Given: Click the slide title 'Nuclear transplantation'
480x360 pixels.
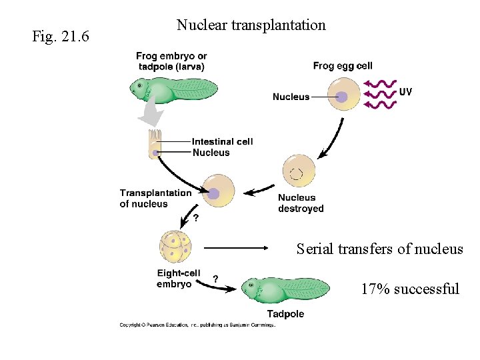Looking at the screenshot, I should click(251, 25).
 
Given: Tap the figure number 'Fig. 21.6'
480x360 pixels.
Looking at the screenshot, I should click(61, 35).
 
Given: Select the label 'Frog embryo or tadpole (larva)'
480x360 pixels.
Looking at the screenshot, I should click(171, 61).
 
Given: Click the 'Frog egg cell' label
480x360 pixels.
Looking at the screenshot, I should click(343, 65).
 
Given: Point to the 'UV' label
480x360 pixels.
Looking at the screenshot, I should click(405, 91).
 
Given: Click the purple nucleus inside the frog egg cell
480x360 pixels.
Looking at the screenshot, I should click(341, 97).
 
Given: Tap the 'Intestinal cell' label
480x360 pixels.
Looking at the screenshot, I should click(222, 141).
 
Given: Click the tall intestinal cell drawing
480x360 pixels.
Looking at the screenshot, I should click(155, 145).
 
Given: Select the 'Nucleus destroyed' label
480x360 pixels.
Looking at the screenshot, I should click(301, 203).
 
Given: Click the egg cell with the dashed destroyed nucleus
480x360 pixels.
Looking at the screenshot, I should click(299, 172).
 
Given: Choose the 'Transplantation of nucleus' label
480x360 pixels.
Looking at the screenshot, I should click(155, 198).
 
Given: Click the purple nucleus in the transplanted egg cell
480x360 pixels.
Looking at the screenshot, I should click(214, 193).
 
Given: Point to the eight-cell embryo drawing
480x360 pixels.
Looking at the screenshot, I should click(176, 247).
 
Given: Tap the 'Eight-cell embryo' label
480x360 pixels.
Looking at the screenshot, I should click(178, 279).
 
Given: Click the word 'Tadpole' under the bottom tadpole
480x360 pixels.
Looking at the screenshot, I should click(285, 314).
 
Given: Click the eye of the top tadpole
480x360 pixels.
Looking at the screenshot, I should click(139, 85).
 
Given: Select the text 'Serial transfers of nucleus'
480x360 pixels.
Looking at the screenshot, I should click(379, 249).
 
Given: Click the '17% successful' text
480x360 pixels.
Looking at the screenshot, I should click(410, 289).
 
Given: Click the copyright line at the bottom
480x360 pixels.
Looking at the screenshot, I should click(197, 325).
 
